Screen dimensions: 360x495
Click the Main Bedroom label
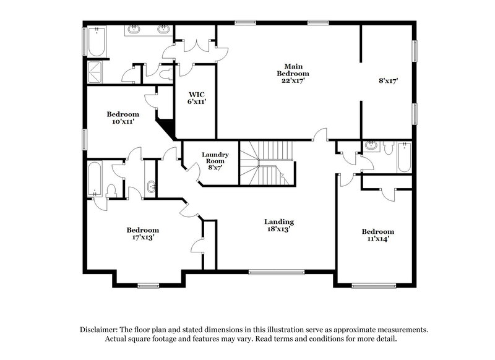pos(293,73)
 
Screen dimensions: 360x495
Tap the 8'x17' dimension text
pos(387,80)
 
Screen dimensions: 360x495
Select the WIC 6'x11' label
pos(197,98)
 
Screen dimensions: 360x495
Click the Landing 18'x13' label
pos(278,225)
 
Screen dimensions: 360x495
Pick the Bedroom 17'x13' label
pos(142,233)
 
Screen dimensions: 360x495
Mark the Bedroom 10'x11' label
pos(123,118)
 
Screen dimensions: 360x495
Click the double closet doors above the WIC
pos(194,44)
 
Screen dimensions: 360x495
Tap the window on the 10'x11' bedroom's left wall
pos(85,139)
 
